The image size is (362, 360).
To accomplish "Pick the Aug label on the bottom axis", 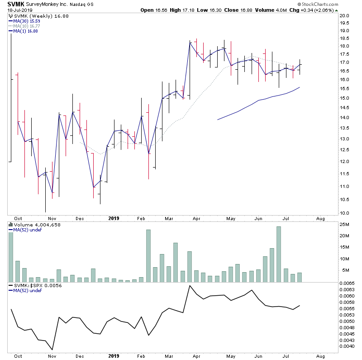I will coord(320,218).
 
